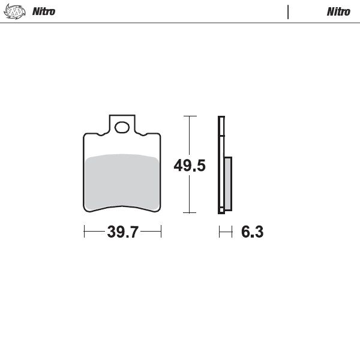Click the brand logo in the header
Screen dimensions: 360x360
pyautogui.click(x=19, y=11)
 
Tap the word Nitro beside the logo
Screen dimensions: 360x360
pyautogui.click(x=47, y=11)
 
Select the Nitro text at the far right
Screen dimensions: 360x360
pyautogui.click(x=338, y=11)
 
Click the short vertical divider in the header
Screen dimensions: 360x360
pyautogui.click(x=289, y=11)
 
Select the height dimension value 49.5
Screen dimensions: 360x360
pyautogui.click(x=190, y=166)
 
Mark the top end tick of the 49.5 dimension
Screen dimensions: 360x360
pyautogui.click(x=190, y=116)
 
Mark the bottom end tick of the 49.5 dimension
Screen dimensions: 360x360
pyautogui.click(x=190, y=212)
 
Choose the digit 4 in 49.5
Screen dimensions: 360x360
pyautogui.click(x=179, y=166)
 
